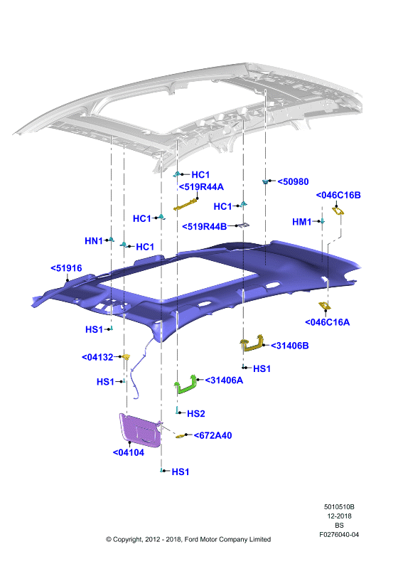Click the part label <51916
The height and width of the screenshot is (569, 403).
pyautogui.click(x=66, y=268)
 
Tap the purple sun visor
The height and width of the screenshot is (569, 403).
pyautogui.click(x=139, y=430)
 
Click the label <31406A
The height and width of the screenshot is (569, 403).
pyautogui.click(x=224, y=381)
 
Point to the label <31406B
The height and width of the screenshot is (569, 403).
pyautogui.click(x=289, y=346)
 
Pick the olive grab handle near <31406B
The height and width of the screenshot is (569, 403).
pyautogui.click(x=252, y=344)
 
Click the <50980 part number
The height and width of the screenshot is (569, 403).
pyautogui.click(x=293, y=181)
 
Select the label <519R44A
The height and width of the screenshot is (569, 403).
pyautogui.click(x=201, y=187)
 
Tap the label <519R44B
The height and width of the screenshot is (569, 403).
pyautogui.click(x=205, y=226)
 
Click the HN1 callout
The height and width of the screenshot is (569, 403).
pyautogui.click(x=94, y=241)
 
